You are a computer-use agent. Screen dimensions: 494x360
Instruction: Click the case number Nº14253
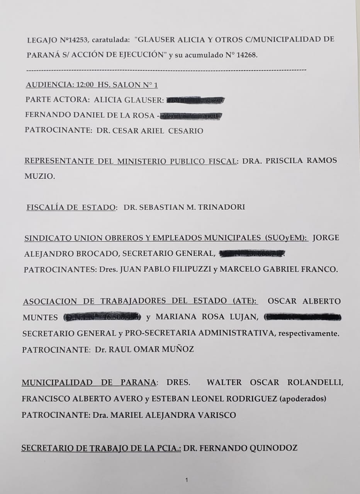tap(74, 40)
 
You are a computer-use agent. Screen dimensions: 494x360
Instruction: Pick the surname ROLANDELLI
tap(315, 382)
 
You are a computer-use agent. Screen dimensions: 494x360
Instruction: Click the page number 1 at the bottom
tap(187, 480)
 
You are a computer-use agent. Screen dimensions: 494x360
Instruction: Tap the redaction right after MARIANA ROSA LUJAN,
tap(302, 318)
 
